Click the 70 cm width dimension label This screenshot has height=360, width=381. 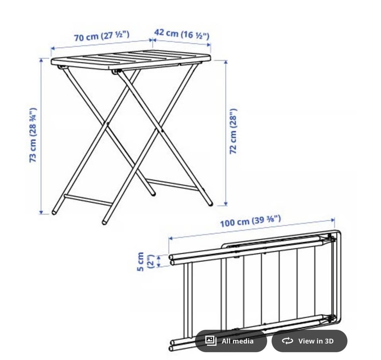point(102,36)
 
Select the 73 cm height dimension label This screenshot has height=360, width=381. point(33,135)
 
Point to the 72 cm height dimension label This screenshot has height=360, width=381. point(233,131)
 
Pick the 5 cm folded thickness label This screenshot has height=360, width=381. point(146,262)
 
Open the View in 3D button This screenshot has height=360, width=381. point(309,341)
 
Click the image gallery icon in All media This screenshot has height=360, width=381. point(211,341)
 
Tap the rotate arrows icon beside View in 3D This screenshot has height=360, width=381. point(287,341)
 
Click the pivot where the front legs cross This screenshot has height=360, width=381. point(108,123)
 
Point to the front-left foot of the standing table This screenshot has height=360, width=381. point(54,212)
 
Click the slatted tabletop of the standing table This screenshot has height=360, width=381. point(131,60)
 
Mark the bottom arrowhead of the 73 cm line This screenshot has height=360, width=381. point(41,212)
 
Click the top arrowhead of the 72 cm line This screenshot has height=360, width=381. point(226,62)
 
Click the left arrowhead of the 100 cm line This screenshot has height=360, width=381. point(171,238)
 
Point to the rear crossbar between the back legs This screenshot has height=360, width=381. point(173,185)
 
